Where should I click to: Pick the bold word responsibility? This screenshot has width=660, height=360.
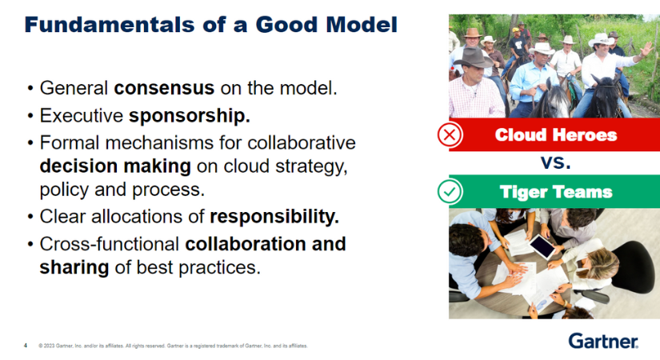(274, 216)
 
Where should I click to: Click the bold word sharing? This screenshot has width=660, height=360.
(74, 267)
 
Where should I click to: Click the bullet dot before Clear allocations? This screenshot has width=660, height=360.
(30, 217)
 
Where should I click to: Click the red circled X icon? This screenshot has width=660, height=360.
(450, 134)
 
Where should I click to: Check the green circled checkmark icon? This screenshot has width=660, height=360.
(450, 192)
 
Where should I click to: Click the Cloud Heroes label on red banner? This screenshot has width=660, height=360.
(555, 134)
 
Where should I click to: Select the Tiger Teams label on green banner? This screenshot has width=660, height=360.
(555, 192)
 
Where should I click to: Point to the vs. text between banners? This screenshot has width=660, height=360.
(554, 163)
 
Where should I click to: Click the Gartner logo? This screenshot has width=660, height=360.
(603, 342)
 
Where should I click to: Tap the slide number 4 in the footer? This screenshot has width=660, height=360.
(25, 346)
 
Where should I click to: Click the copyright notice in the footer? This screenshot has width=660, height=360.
(173, 346)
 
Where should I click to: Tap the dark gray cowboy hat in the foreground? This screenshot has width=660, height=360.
(474, 58)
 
